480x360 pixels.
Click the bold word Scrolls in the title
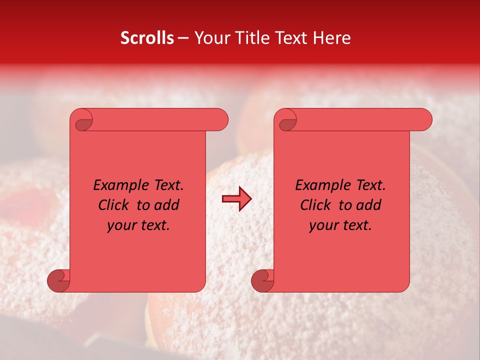point(147,38)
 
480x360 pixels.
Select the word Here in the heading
point(332,38)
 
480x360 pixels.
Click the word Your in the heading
point(212,38)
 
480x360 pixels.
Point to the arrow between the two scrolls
point(237,199)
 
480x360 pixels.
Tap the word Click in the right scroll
point(316,205)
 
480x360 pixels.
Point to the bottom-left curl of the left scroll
point(59,280)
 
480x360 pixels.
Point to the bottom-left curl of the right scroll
point(263,280)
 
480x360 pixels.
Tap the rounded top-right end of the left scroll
point(220,120)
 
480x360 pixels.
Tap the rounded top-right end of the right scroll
point(424,120)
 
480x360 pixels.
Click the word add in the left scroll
point(167,205)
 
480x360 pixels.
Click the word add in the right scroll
point(369,205)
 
